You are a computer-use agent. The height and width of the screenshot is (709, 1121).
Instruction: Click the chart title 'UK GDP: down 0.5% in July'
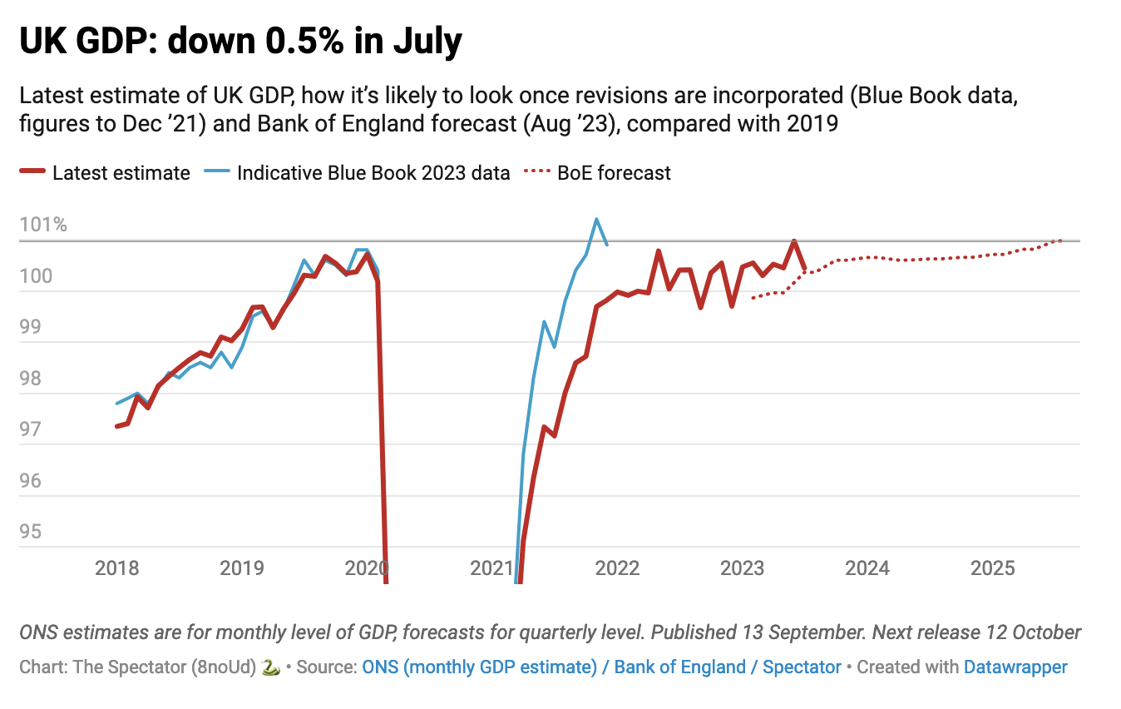pyautogui.click(x=240, y=42)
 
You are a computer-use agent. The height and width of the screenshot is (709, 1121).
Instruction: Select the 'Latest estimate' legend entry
pyautogui.click(x=121, y=173)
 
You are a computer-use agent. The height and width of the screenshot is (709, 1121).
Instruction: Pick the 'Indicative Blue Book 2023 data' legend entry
pyautogui.click(x=373, y=173)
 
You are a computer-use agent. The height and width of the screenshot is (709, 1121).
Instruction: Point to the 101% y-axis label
pyautogui.click(x=44, y=226)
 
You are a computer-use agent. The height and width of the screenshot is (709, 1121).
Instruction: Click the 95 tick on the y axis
pyautogui.click(x=32, y=532)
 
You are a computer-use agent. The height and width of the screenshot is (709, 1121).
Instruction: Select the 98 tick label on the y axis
pyautogui.click(x=32, y=379)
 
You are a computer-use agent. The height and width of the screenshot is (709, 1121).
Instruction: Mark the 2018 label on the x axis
pyautogui.click(x=117, y=568)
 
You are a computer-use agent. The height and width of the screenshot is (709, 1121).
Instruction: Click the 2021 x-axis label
pyautogui.click(x=492, y=568)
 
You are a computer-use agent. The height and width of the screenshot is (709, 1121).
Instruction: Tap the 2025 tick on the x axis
pyautogui.click(x=993, y=568)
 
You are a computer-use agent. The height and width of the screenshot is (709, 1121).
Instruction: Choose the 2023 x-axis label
pyautogui.click(x=743, y=568)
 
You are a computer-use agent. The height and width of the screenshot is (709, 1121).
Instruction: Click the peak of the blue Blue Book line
pyautogui.click(x=596, y=220)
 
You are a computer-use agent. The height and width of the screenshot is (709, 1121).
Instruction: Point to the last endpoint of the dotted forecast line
pyautogui.click(x=1061, y=240)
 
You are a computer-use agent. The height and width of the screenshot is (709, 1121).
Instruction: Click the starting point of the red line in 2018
pyautogui.click(x=117, y=426)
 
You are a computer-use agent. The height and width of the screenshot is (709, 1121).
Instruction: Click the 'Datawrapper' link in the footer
pyautogui.click(x=1015, y=667)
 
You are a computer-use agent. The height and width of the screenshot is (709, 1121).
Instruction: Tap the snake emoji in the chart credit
pyautogui.click(x=269, y=667)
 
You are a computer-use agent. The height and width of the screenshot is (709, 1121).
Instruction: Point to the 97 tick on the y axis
pyautogui.click(x=32, y=430)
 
